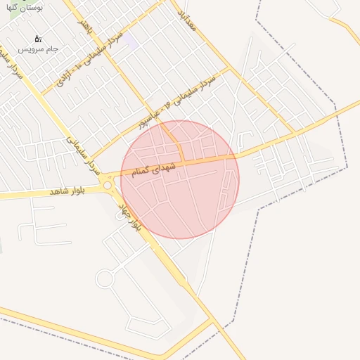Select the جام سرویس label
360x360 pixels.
(38, 49)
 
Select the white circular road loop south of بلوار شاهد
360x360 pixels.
(104, 279)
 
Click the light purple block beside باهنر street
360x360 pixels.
(129, 40)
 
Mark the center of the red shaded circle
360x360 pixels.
(180, 179)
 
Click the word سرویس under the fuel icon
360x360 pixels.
(30, 49)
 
